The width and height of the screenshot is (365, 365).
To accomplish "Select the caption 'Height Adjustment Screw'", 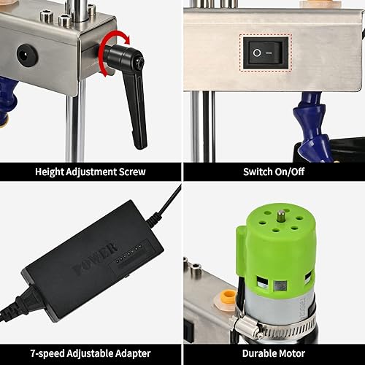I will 91,173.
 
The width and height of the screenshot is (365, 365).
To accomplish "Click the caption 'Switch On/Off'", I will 273,173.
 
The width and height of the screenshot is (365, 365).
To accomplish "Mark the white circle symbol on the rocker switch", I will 256,51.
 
